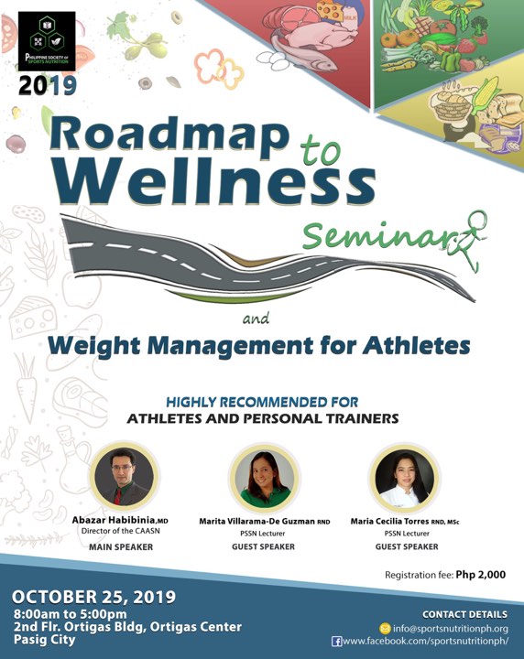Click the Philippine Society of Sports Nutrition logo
pos(47,41)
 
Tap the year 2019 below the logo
pos(47,85)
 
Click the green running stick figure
pos(469,241)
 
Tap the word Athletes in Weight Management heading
pos(416,345)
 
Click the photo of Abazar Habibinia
pos(124,477)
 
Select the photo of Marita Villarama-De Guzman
pos(264,477)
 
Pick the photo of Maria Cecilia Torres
pos(405,478)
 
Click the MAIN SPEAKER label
pos(121,546)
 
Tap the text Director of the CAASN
pos(121,531)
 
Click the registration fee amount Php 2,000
pos(481,575)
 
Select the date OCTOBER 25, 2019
pos(93,597)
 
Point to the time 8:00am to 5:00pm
pos(70,613)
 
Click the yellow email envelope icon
pos(385,629)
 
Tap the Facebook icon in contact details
pos(336,642)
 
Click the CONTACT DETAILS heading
pos(464,614)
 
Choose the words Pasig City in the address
pos(44,640)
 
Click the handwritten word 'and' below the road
pos(257,319)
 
